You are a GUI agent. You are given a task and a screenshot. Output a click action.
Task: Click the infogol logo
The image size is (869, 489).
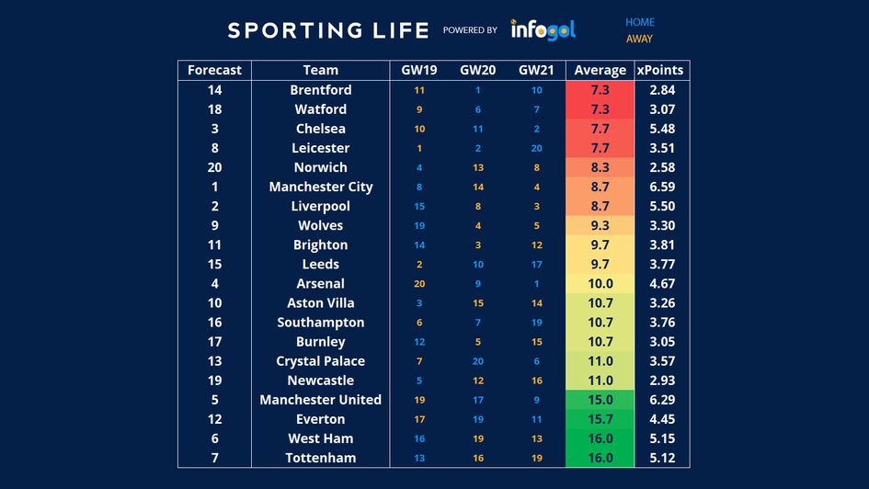tap(543, 29)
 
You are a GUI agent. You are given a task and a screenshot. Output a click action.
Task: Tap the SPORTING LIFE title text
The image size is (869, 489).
tap(328, 30)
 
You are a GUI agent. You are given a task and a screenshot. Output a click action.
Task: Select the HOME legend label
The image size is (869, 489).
tap(640, 22)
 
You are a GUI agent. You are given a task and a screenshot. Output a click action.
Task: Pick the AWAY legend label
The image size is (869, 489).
tap(639, 39)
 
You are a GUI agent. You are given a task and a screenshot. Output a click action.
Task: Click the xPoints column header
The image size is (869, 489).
tap(662, 70)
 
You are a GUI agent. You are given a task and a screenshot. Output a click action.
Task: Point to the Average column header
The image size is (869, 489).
tap(600, 70)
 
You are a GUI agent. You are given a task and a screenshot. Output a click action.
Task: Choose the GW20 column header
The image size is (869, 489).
tap(478, 70)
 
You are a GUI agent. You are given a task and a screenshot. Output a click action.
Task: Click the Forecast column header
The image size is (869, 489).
tap(214, 70)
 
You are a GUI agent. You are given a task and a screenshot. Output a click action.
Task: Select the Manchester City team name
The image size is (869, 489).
tap(320, 187)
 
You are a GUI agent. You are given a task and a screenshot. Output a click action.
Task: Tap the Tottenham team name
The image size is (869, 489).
tap(320, 458)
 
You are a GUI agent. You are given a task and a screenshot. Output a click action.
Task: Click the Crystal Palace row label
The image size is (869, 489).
tap(320, 361)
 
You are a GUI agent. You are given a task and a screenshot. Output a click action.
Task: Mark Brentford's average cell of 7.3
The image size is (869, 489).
tap(600, 90)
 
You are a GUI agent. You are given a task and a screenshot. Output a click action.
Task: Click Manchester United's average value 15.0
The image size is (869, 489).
tap(600, 400)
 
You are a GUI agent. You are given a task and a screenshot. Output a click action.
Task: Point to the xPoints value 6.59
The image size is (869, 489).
tap(662, 187)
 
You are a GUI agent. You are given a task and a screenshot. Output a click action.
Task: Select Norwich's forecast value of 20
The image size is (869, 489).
tap(214, 167)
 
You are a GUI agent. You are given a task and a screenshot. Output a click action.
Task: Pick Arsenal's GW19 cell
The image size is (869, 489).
tap(419, 284)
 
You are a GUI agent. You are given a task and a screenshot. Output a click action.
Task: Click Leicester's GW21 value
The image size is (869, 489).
tap(537, 148)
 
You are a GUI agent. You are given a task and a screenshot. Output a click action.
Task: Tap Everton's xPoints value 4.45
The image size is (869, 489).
tap(662, 419)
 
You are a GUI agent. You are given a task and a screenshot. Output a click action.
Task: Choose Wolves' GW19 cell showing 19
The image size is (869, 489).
tap(419, 225)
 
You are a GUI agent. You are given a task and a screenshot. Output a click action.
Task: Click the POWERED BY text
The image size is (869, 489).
tap(470, 30)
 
